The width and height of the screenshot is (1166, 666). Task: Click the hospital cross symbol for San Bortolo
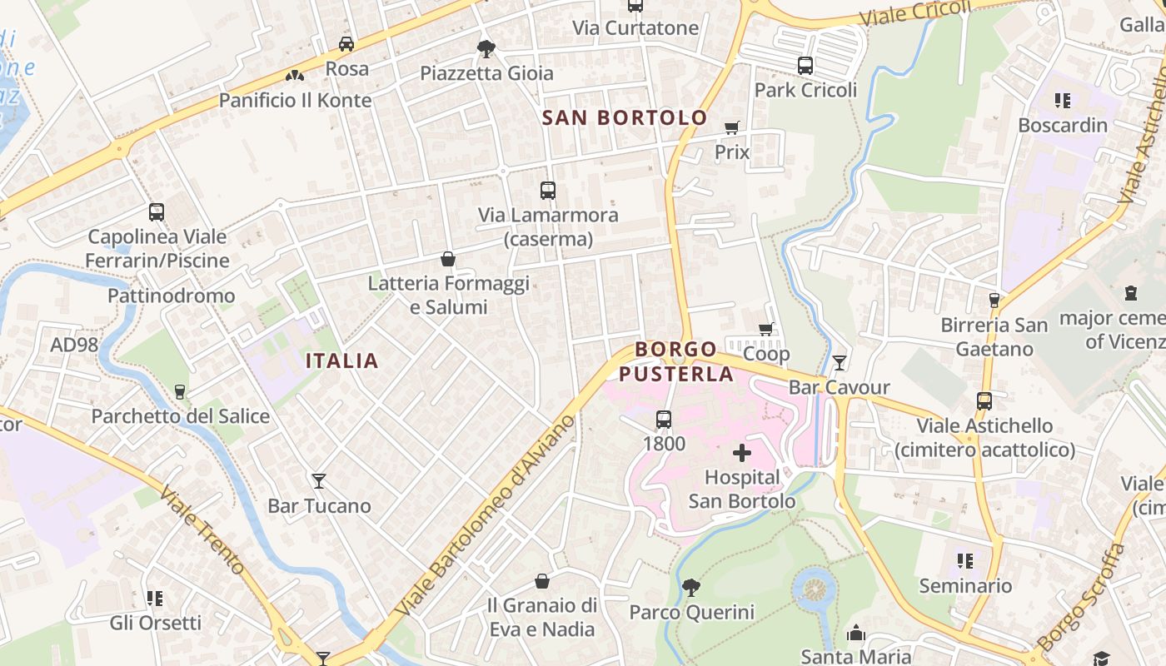tap(741, 454)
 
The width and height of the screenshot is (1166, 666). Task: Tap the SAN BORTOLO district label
tap(625, 117)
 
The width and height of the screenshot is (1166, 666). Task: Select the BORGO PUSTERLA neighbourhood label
tap(675, 361)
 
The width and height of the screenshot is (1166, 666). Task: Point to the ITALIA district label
tap(342, 360)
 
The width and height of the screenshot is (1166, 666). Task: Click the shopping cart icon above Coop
tap(766, 329)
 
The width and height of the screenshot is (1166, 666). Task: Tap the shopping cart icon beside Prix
tap(732, 127)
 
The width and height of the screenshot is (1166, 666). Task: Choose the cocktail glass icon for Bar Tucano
tap(319, 480)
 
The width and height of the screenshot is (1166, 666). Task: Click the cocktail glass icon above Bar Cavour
tap(840, 362)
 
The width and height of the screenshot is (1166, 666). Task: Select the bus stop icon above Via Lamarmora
tap(547, 191)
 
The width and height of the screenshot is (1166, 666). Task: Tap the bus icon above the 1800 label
tap(664, 419)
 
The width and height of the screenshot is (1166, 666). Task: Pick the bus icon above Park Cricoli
tap(805, 66)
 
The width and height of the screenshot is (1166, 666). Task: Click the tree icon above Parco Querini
tap(691, 588)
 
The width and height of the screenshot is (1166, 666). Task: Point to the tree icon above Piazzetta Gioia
tap(486, 48)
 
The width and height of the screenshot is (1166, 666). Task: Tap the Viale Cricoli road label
tap(915, 12)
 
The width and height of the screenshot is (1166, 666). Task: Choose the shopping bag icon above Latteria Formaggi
tap(448, 259)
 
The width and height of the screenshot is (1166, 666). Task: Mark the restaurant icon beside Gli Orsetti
tap(155, 598)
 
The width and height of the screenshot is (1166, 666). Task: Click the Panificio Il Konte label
tap(295, 101)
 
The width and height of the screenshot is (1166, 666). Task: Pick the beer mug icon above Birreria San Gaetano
tap(994, 300)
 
